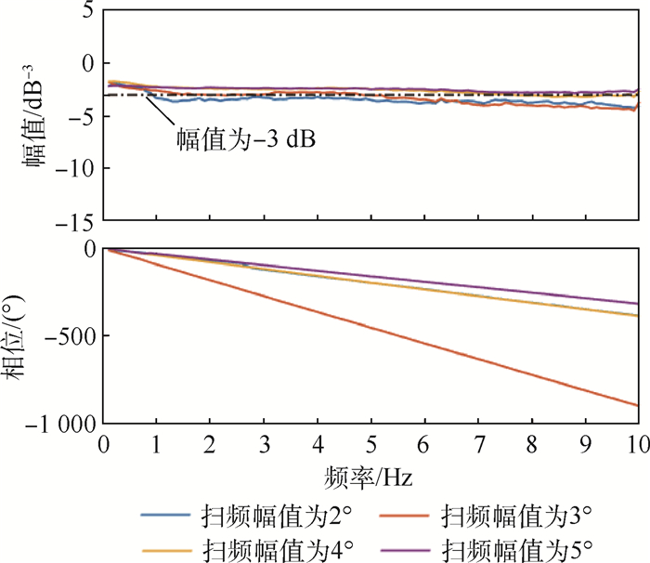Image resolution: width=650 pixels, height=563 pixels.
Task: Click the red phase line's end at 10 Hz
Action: coord(636,405)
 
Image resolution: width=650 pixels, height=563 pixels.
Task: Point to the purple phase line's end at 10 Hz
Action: coord(636,303)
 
